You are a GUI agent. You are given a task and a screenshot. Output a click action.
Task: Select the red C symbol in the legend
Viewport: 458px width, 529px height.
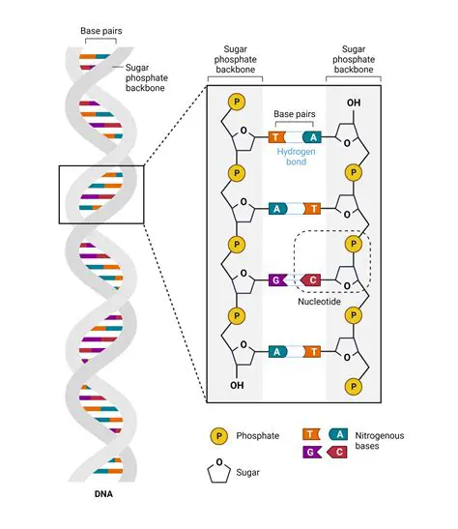(x=338, y=452)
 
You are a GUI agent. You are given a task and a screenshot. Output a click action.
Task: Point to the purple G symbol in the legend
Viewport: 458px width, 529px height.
(x=312, y=452)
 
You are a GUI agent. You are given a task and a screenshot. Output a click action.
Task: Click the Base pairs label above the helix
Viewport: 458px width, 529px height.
(x=100, y=31)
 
